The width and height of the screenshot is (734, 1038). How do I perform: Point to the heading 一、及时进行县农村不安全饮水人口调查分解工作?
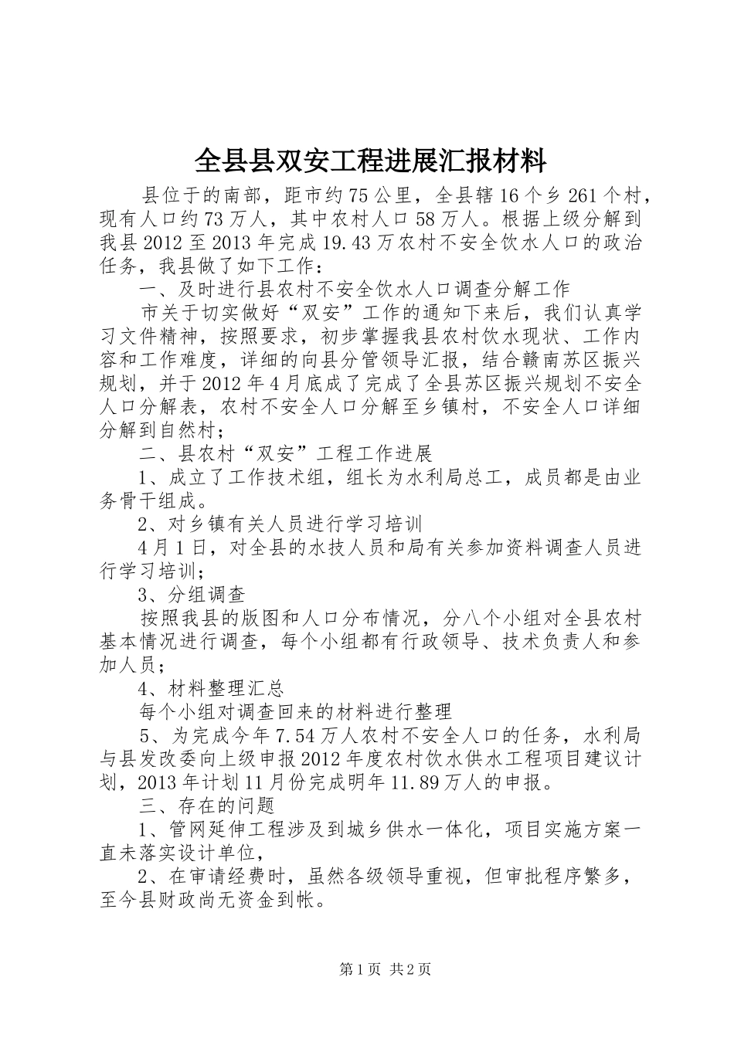click(354, 290)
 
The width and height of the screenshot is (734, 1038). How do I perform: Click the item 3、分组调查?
click(192, 595)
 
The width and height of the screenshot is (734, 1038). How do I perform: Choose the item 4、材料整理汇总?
click(211, 689)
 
